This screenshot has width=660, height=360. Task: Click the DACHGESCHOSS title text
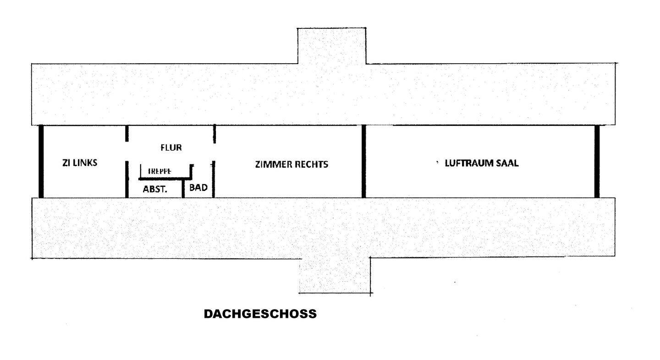[260, 314]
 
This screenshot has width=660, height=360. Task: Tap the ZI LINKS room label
[80, 163]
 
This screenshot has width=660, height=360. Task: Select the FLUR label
[171, 147]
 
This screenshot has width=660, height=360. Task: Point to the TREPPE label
[159, 171]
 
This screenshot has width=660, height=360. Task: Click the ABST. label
[154, 188]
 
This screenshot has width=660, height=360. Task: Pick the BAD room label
[198, 187]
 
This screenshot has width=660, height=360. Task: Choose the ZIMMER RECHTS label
[291, 164]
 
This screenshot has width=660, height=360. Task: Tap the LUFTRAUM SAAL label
[482, 163]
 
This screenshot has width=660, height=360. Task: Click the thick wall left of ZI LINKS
[41, 161]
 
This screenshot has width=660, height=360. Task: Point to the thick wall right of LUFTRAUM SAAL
[597, 161]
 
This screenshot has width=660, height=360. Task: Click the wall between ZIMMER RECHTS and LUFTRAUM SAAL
[363, 161]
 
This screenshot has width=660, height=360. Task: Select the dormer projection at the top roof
[332, 46]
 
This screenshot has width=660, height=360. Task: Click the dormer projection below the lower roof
[335, 275]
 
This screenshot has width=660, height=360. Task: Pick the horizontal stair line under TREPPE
[165, 178]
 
